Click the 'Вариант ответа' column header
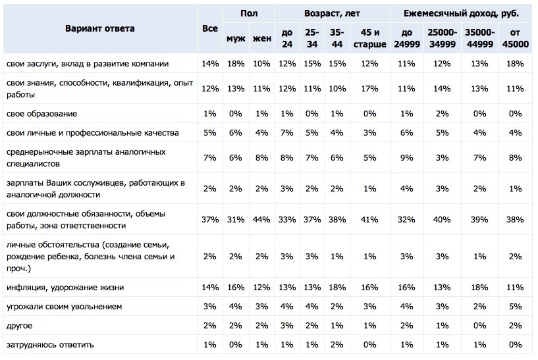coord(100,28)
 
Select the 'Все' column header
coord(210,28)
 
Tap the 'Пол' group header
coord(249,13)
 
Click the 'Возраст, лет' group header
coord(332,13)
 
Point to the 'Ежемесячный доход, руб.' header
coord(461,13)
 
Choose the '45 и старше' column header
coord(370,38)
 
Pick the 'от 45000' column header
coord(515,38)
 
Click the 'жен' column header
coord(262,38)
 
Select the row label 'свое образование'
coord(41,114)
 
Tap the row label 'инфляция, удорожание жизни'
coord(65,288)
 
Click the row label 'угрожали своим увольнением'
coord(64,307)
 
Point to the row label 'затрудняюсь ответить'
coord(50,345)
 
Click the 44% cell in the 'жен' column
coord(261,219)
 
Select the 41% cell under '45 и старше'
coord(369,219)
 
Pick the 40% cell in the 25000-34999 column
coord(442,219)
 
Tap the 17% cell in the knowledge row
coord(369,88)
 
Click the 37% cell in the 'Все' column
coord(210,219)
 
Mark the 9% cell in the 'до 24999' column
coord(406,158)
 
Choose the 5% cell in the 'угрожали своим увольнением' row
coord(515,307)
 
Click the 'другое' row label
coord(19,326)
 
